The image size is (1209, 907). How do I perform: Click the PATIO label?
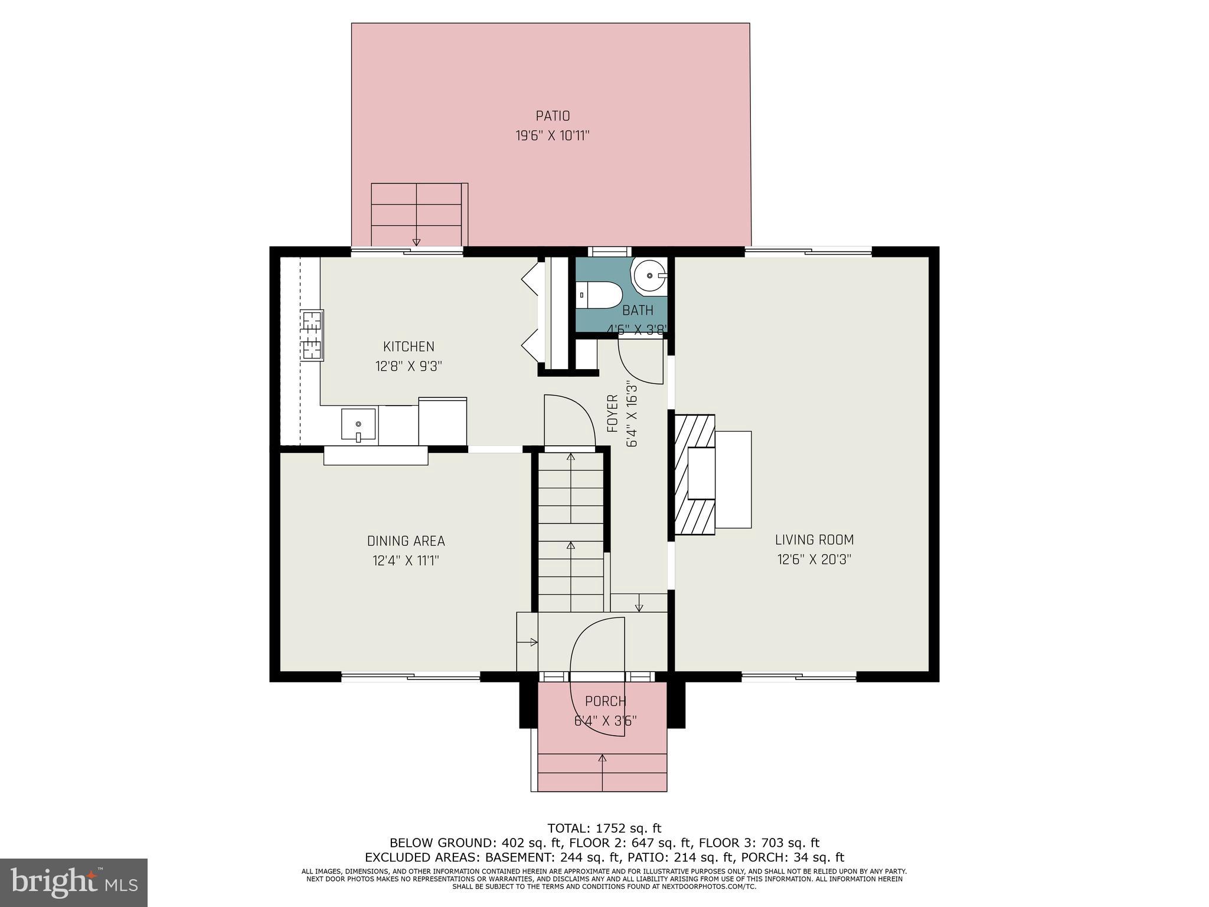click(x=553, y=116)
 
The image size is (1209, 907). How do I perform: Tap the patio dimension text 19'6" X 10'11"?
click(x=553, y=136)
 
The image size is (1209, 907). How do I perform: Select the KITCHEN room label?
click(x=409, y=347)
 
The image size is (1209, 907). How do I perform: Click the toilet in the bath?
click(x=599, y=294)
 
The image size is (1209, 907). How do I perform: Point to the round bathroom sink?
click(x=649, y=276)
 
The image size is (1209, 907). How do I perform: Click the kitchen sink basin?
click(x=358, y=424)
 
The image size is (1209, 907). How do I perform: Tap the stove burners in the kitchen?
click(x=311, y=335)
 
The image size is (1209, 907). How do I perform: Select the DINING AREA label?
click(x=406, y=541)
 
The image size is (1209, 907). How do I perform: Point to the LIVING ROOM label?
click(x=814, y=540)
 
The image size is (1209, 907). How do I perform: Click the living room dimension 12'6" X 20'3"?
click(x=814, y=559)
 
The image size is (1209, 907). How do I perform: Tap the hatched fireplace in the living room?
click(x=694, y=475)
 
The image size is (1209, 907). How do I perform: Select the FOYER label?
click(x=613, y=413)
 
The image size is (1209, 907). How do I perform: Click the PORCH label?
click(x=605, y=702)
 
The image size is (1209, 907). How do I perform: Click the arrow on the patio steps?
click(x=416, y=239)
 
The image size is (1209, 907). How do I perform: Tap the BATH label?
click(x=638, y=311)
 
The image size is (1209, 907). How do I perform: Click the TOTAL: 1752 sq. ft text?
click(x=604, y=828)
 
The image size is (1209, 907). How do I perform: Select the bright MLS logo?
click(x=73, y=882)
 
